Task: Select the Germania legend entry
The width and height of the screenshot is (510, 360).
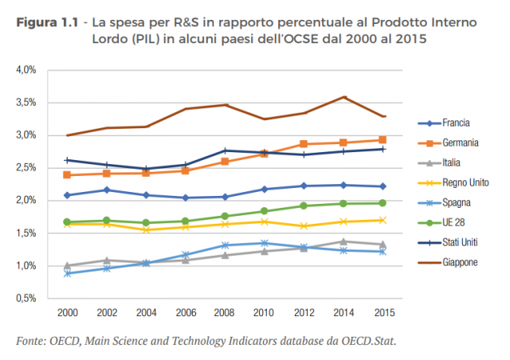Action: (x=460, y=143)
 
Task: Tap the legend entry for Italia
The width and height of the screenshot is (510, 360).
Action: (x=453, y=163)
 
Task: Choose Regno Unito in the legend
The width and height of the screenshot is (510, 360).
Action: (x=465, y=183)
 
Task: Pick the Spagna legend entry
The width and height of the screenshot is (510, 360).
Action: (x=457, y=203)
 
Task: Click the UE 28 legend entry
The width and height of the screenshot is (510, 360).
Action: (x=454, y=223)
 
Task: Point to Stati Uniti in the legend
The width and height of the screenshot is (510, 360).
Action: (x=463, y=243)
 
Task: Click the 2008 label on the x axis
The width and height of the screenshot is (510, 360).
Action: (x=226, y=313)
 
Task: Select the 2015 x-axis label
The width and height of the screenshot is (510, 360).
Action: (x=382, y=313)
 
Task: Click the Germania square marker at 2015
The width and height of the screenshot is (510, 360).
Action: (x=382, y=140)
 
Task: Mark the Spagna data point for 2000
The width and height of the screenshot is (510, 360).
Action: (x=68, y=273)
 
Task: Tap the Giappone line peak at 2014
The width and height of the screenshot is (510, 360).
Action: (x=343, y=97)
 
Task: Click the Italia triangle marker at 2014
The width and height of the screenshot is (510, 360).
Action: (x=343, y=241)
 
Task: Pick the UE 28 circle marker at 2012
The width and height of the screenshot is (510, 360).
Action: (x=304, y=206)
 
